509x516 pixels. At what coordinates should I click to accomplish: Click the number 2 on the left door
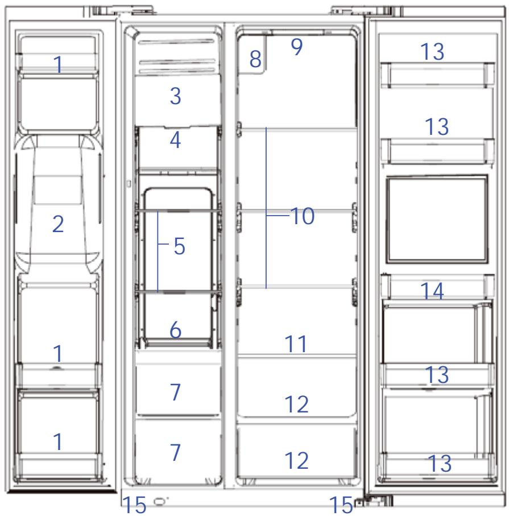[58, 224]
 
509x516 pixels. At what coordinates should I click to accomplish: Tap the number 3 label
[175, 96]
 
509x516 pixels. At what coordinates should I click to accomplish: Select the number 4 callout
[175, 140]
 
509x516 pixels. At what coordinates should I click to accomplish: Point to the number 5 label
[179, 246]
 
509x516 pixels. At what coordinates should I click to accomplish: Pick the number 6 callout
[175, 330]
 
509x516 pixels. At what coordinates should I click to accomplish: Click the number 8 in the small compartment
[255, 59]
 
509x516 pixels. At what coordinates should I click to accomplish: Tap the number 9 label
[297, 47]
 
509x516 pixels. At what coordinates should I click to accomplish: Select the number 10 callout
[303, 216]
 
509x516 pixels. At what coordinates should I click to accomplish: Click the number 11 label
[296, 344]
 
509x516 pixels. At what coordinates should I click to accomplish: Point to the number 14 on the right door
[432, 291]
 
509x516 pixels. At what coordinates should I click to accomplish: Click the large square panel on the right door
[437, 220]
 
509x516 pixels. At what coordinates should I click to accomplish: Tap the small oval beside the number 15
[160, 501]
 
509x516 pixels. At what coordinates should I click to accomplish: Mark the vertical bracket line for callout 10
[266, 208]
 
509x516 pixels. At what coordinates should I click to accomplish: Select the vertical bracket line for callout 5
[158, 251]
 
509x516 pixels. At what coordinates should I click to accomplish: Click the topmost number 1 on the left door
[58, 64]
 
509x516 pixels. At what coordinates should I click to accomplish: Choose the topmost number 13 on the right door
[432, 52]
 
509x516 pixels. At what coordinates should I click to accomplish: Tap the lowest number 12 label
[296, 460]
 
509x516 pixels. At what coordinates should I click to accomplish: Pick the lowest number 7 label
[175, 452]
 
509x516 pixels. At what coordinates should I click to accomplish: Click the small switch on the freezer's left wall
[129, 184]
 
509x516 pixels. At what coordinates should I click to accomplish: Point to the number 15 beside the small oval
[134, 505]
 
